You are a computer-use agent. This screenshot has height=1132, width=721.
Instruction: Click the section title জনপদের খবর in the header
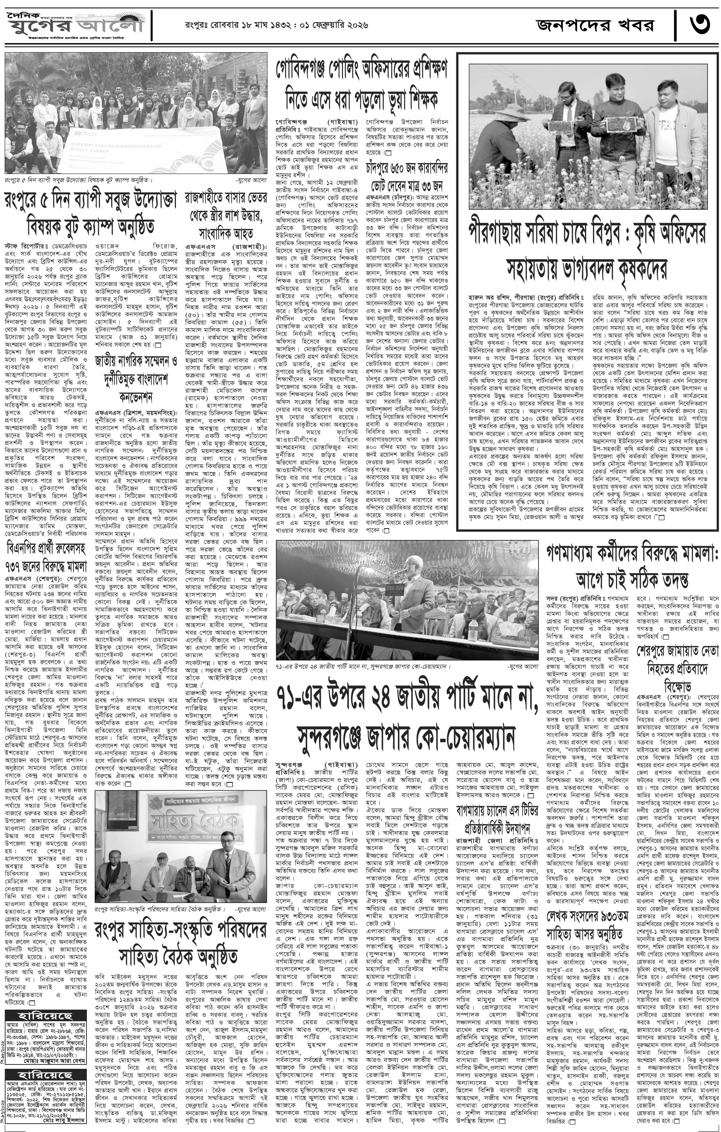point(595,24)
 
